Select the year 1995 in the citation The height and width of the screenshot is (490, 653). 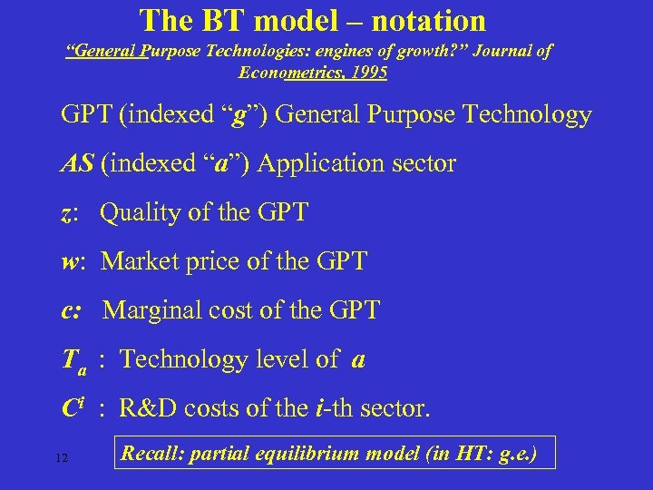(367, 73)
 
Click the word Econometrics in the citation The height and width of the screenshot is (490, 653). (287, 73)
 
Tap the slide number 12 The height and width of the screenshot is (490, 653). (62, 457)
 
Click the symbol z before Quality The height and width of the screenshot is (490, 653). (67, 213)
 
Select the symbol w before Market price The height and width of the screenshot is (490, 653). (70, 262)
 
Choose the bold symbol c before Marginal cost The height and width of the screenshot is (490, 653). (68, 311)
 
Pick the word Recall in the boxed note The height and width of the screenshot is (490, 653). (149, 451)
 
